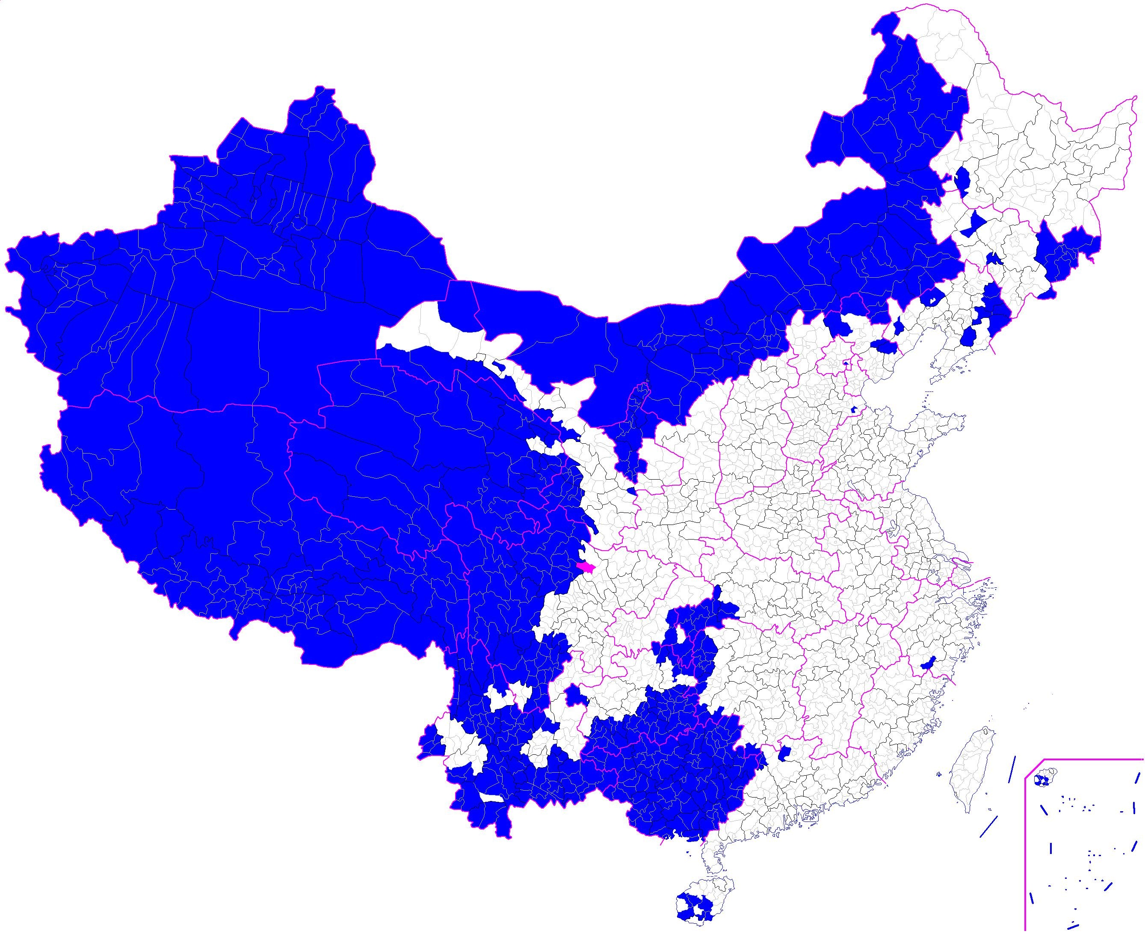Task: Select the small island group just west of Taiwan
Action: (x=939, y=775)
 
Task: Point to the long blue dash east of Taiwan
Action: (x=1012, y=770)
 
